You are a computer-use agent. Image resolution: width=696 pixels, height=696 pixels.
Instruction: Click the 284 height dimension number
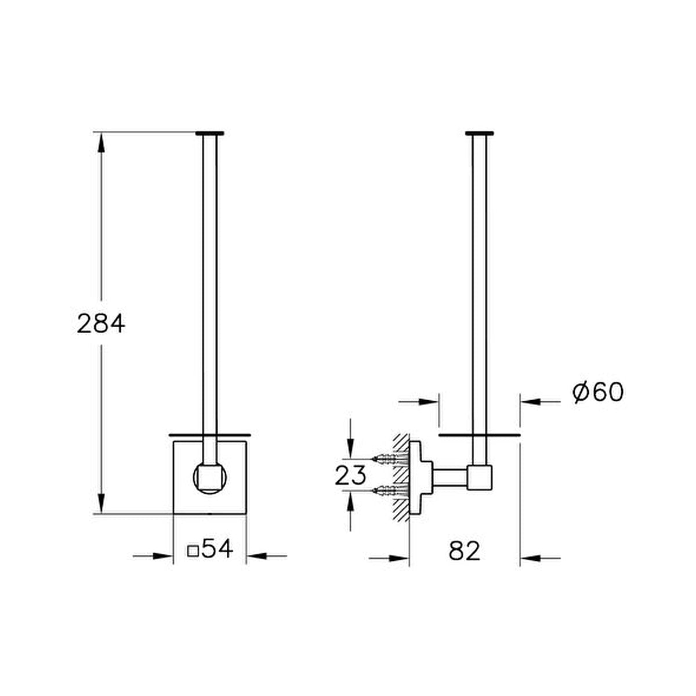[x=101, y=324]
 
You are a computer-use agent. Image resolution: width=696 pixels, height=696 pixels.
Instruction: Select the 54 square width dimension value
[x=217, y=548]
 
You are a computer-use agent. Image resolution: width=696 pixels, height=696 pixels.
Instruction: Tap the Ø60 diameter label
[x=598, y=391]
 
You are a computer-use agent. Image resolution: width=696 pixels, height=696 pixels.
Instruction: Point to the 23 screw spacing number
[x=350, y=476]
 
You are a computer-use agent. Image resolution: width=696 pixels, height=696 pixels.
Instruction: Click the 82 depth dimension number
[x=465, y=551]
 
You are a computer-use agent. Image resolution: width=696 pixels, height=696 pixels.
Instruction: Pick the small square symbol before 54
[x=193, y=552]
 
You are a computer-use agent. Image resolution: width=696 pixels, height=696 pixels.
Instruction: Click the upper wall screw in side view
[x=389, y=459]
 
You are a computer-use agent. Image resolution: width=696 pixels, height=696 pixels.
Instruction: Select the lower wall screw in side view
[x=389, y=491]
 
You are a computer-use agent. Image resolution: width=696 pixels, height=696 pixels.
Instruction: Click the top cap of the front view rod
[x=210, y=133]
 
